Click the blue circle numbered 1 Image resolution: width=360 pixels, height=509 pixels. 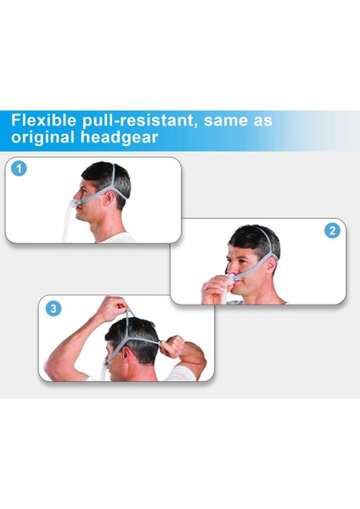tap(20, 169)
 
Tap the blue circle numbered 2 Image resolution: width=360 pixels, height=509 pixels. tap(332, 230)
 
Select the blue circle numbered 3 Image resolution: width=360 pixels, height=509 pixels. tap(53, 309)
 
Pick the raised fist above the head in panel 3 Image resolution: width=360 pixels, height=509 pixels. tap(114, 308)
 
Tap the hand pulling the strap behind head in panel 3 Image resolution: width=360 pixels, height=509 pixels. tap(174, 347)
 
